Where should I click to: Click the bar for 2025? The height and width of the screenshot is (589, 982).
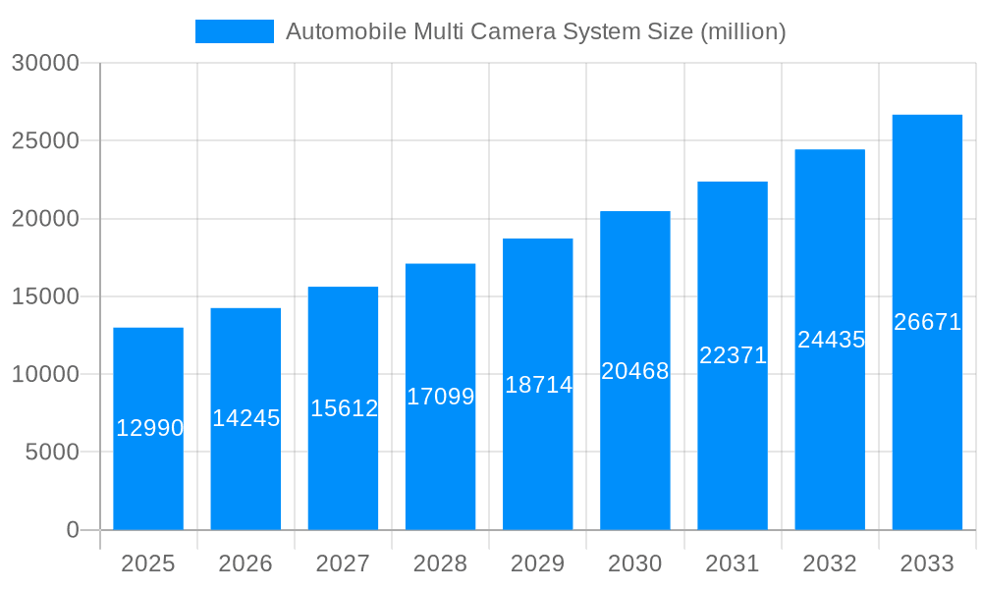tap(148, 471)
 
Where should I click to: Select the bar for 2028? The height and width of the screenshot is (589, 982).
tap(440, 461)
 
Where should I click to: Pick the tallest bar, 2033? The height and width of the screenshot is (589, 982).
tap(927, 412)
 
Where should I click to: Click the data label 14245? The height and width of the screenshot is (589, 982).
tap(246, 418)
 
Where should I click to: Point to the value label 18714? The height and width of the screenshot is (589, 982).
tap(538, 385)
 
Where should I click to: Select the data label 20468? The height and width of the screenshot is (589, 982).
tap(635, 371)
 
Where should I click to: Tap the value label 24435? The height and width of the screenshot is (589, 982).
tap(831, 340)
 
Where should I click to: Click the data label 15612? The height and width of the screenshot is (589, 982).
tap(344, 408)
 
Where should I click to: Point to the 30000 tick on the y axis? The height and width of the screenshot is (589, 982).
tap(44, 63)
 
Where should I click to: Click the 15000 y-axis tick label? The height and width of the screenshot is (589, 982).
tap(44, 296)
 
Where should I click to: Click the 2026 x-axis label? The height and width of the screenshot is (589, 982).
tap(245, 563)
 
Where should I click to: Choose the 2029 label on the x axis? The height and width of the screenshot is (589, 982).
tap(538, 563)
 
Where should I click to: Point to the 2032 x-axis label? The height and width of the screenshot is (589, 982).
tap(830, 563)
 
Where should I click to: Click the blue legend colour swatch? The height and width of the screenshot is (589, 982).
tap(234, 31)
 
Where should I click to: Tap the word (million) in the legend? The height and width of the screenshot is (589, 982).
tap(743, 31)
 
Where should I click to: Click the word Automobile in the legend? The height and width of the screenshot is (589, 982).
tap(346, 31)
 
